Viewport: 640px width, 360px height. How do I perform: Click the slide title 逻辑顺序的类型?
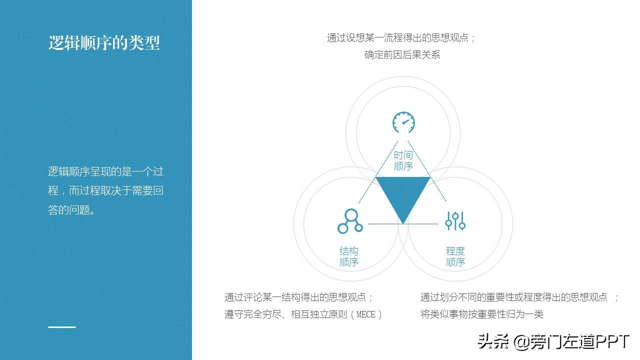click(104, 43)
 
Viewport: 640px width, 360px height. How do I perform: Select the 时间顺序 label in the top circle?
click(403, 161)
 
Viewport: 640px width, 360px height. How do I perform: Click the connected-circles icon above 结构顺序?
click(350, 221)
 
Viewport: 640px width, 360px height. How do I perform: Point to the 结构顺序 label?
click(349, 256)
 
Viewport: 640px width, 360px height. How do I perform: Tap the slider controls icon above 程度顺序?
click(455, 220)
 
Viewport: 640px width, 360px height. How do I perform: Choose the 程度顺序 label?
click(455, 256)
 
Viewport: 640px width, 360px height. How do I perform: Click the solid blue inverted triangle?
click(403, 195)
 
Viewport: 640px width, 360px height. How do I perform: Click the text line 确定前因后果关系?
click(402, 55)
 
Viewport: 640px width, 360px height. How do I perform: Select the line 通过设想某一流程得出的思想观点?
click(401, 38)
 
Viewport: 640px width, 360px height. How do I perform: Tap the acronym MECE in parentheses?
click(368, 314)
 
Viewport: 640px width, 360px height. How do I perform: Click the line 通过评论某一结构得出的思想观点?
click(298, 297)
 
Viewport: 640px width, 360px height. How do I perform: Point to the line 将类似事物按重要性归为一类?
click(482, 314)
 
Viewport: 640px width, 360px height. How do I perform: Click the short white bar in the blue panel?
click(62, 327)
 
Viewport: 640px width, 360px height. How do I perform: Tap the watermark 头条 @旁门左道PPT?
click(553, 342)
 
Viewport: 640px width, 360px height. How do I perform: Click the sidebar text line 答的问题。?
click(71, 210)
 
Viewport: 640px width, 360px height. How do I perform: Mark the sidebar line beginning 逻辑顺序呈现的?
click(105, 172)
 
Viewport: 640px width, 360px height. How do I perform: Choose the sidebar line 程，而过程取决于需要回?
click(105, 191)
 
